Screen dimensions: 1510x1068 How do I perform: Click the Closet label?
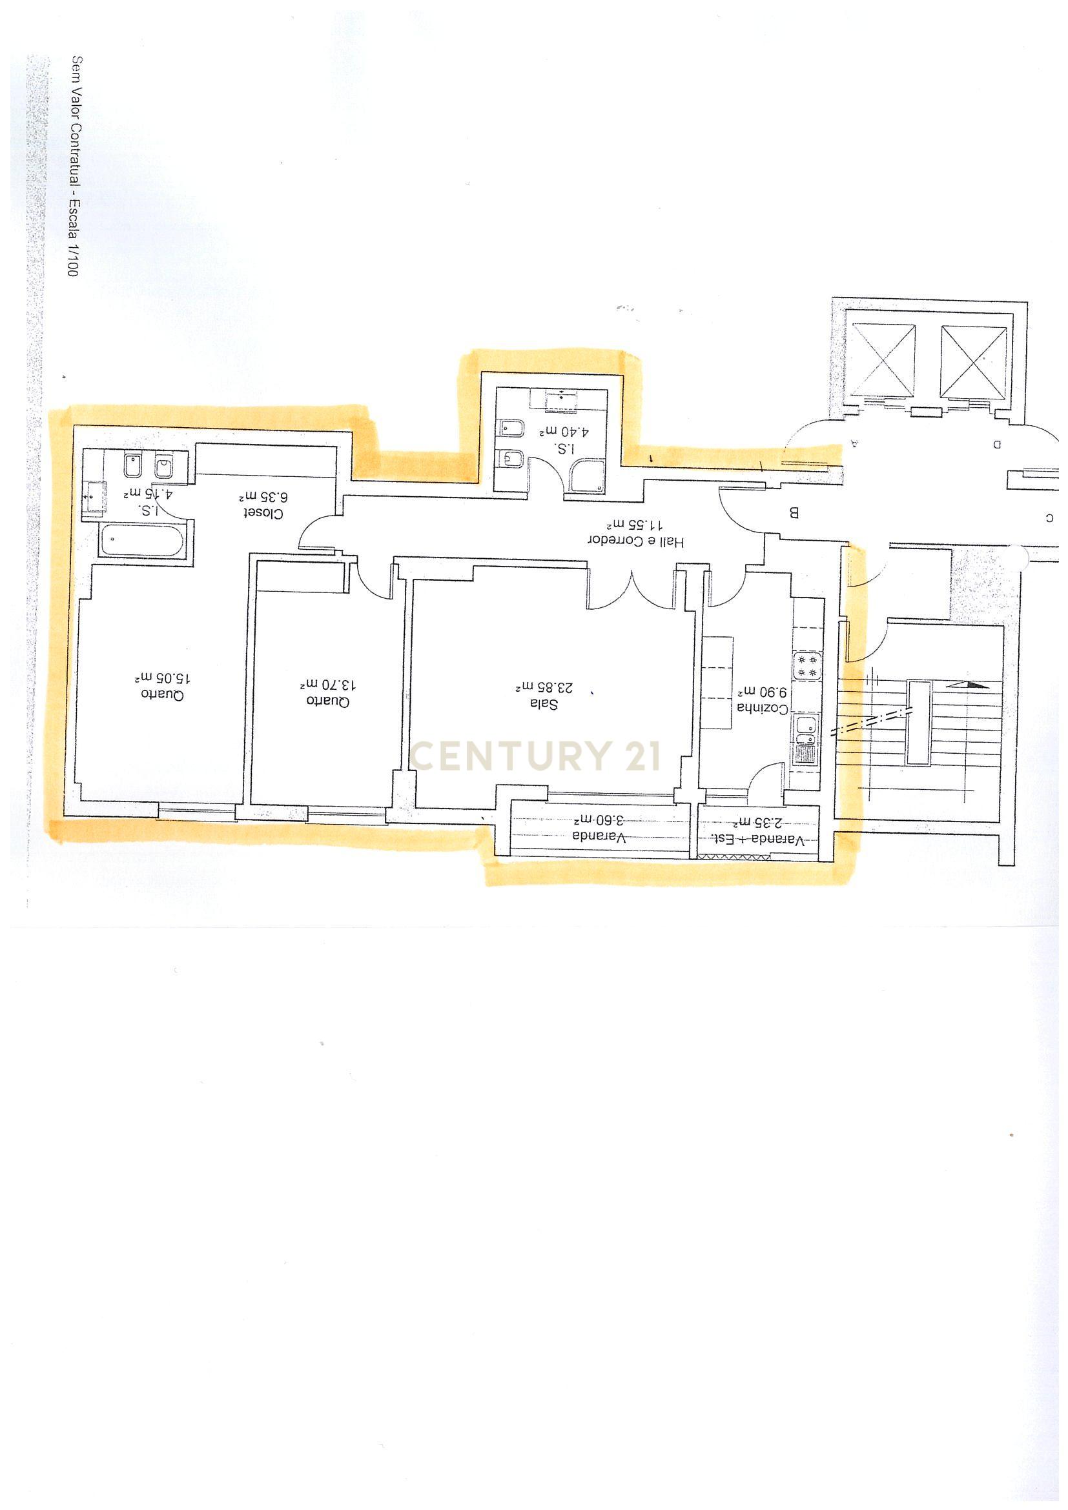(x=262, y=513)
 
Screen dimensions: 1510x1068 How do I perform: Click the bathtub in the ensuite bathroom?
(x=143, y=541)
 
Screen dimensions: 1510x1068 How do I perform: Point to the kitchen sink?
(x=805, y=726)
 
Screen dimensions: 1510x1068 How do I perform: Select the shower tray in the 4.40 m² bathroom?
(x=588, y=476)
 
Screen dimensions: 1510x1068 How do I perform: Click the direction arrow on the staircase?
(x=967, y=684)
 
